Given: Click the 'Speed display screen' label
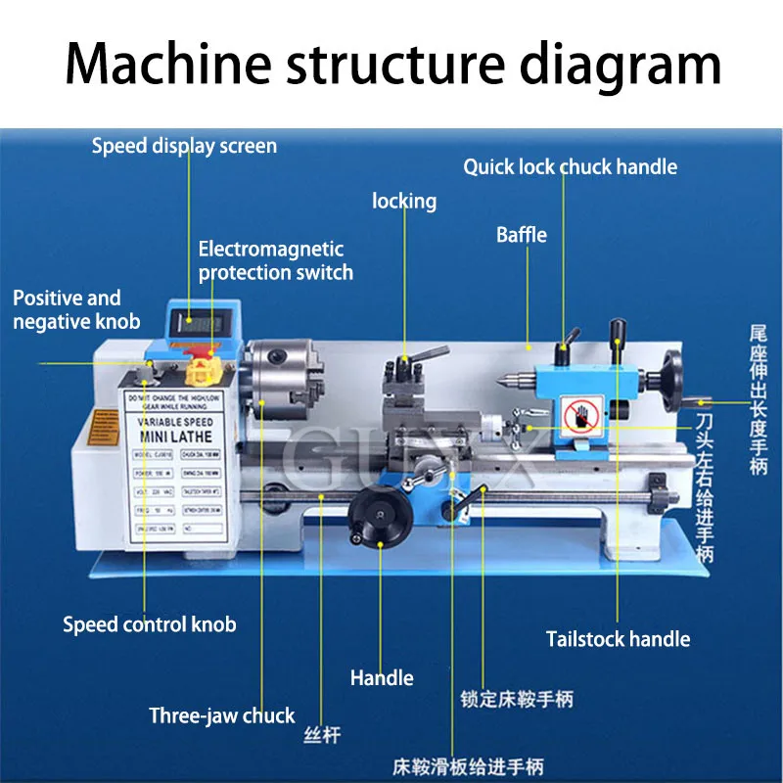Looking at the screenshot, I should (184, 147).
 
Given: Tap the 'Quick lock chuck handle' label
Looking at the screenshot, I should (570, 166).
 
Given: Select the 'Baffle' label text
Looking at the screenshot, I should (521, 235).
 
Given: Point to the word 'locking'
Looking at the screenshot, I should (403, 201).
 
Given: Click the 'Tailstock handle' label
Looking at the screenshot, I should (618, 639).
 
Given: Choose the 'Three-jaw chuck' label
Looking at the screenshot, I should (221, 715).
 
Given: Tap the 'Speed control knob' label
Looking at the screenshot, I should (149, 624).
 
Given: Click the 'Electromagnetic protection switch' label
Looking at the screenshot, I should (275, 261).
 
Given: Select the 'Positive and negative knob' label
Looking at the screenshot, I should (75, 309).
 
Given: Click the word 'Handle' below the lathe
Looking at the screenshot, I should (382, 677).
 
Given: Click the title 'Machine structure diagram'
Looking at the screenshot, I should (391, 64).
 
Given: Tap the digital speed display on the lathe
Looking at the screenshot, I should (202, 320).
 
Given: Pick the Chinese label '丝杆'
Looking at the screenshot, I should (321, 733).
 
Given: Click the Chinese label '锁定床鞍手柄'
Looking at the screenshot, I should (516, 699).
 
